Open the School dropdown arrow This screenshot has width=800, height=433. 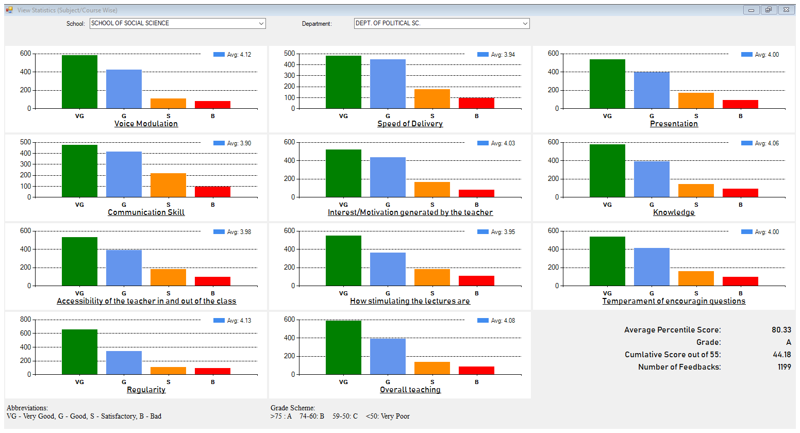[261, 24]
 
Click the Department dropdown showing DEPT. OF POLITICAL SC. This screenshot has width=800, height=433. [441, 24]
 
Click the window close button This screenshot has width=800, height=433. [786, 10]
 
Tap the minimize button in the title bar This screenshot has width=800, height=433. [751, 10]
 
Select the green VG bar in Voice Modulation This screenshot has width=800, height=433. [79, 81]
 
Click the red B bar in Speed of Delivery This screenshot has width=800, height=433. [476, 103]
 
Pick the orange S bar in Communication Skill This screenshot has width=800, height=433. [168, 185]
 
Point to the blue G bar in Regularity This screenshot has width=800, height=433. [124, 362]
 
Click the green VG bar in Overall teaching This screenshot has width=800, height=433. [343, 347]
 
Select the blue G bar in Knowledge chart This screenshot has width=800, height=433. [652, 179]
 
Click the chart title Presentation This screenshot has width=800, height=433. [674, 124]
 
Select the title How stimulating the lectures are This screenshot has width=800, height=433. [410, 301]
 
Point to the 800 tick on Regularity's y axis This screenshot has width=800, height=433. [26, 320]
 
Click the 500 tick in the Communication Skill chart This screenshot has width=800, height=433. [26, 142]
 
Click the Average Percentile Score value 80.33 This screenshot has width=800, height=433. [781, 330]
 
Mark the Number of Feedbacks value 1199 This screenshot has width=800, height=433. [784, 367]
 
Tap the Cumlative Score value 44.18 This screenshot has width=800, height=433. [781, 355]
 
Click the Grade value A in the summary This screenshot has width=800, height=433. [788, 342]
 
